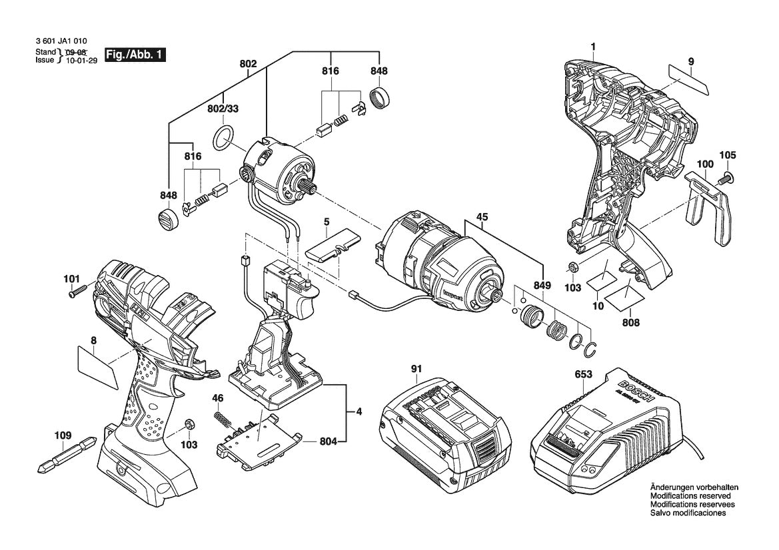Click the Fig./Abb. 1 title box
(135, 55)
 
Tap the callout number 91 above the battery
(416, 369)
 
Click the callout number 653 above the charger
(584, 375)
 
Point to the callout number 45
(482, 216)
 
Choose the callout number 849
(542, 286)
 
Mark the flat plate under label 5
(331, 248)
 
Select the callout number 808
(630, 323)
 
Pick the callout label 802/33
(223, 108)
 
